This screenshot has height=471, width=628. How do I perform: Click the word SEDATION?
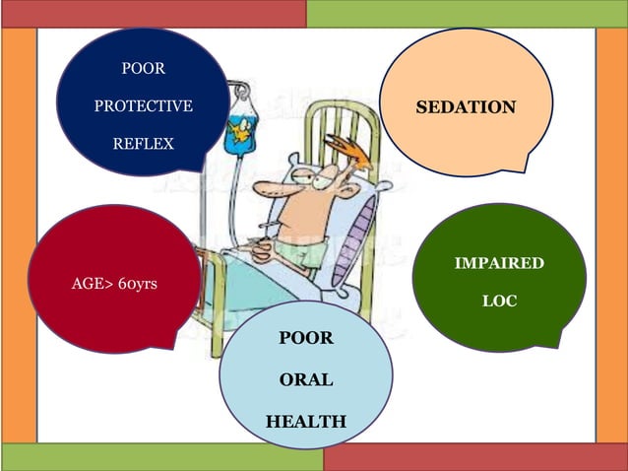(466, 106)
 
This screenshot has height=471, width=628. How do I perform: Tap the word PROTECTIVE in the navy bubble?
(143, 106)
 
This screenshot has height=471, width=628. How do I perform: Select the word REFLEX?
(143, 144)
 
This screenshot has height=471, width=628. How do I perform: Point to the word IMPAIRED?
(498, 263)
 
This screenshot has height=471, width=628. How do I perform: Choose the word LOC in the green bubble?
(498, 302)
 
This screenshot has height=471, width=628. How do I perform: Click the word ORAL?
(305, 379)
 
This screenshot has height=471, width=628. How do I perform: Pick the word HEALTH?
(305, 422)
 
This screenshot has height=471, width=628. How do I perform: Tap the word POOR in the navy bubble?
(143, 69)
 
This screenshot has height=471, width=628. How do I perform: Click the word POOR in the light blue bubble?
(305, 338)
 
